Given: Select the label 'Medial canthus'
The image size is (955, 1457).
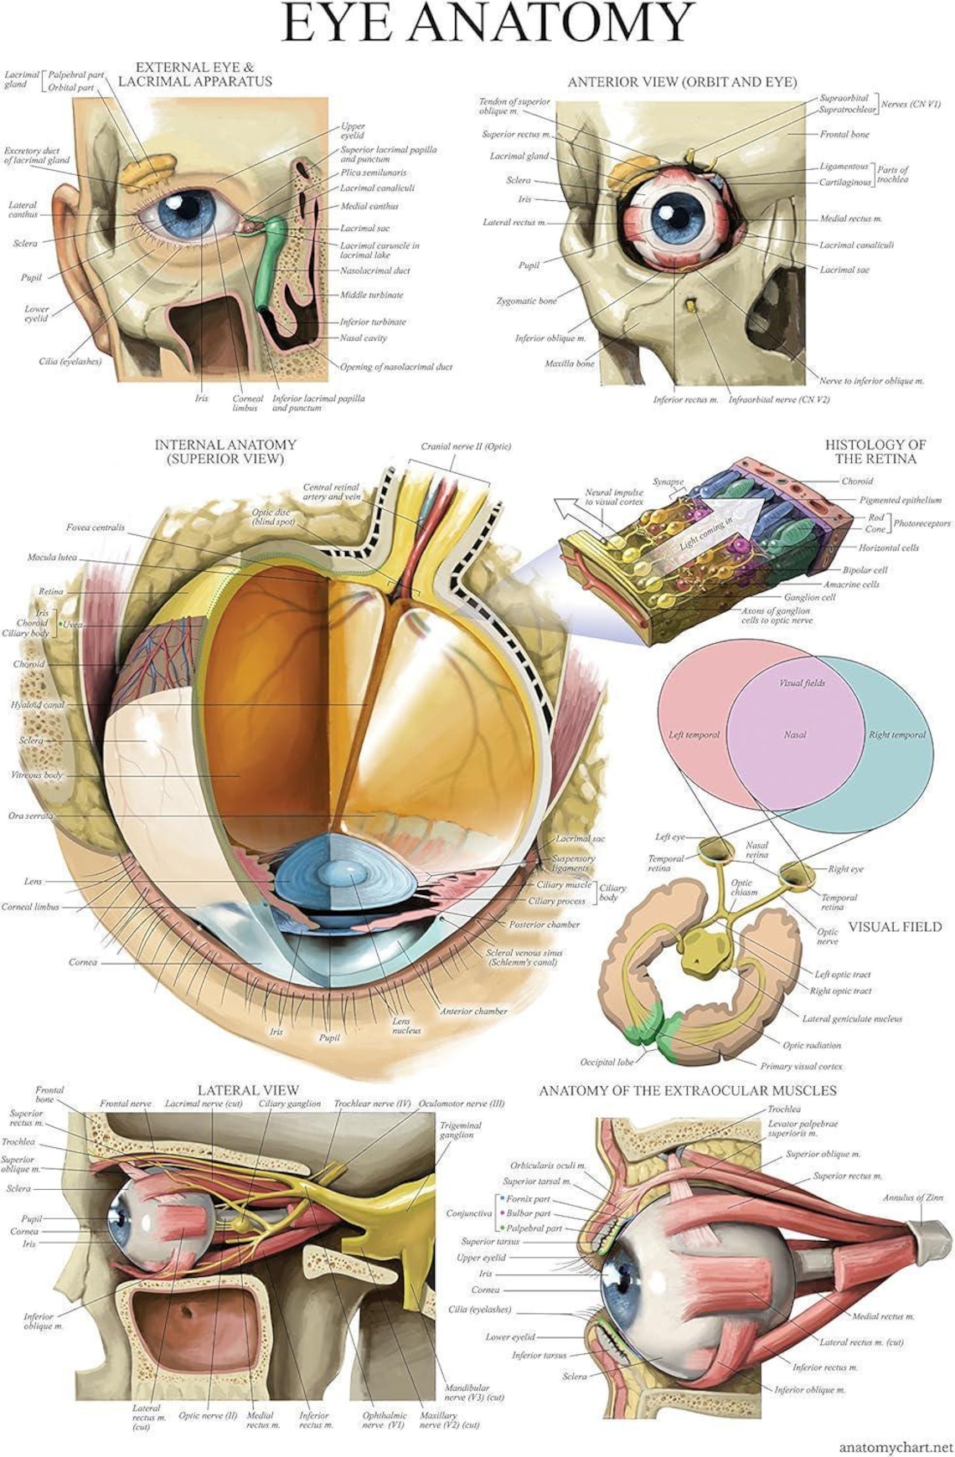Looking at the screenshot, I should pyautogui.click(x=369, y=206).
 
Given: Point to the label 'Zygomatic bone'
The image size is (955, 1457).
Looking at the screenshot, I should pyautogui.click(x=526, y=301).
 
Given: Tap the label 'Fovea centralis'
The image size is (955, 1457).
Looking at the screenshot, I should pyautogui.click(x=95, y=528).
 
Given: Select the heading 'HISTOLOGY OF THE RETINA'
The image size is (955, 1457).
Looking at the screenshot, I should pyautogui.click(x=875, y=451).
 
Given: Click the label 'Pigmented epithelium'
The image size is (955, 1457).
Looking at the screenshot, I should pyautogui.click(x=900, y=500).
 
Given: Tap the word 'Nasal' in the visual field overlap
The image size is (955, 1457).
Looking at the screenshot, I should pyautogui.click(x=794, y=734).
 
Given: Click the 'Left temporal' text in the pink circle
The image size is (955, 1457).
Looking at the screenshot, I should pyautogui.click(x=694, y=734).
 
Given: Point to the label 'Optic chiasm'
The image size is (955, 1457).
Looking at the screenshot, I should pyautogui.click(x=742, y=887).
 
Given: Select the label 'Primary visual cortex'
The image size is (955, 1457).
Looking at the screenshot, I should pyautogui.click(x=801, y=1066).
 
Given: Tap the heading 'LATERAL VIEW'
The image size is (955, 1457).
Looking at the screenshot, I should pyautogui.click(x=248, y=1089).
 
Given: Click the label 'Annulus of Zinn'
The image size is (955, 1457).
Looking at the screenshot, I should pyautogui.click(x=912, y=1197).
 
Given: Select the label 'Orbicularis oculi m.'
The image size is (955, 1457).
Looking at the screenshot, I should pyautogui.click(x=548, y=1165).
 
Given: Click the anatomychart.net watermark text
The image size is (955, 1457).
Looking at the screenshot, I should pyautogui.click(x=896, y=1446).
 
